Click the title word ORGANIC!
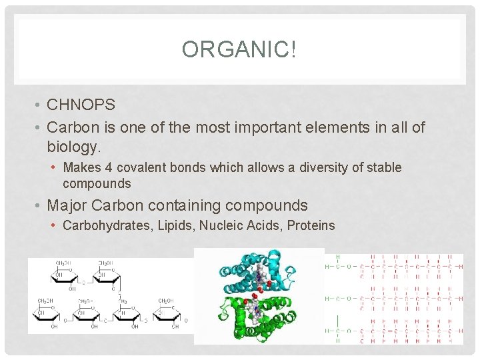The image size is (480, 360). point(239,49)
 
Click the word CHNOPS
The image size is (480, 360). point(81,105)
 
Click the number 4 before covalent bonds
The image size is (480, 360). point(108,167)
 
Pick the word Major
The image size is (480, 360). point(69,205)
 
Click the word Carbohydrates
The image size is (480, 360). point(108,225)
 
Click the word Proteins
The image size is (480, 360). point(311,225)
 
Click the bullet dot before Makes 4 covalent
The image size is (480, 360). point(53,168)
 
